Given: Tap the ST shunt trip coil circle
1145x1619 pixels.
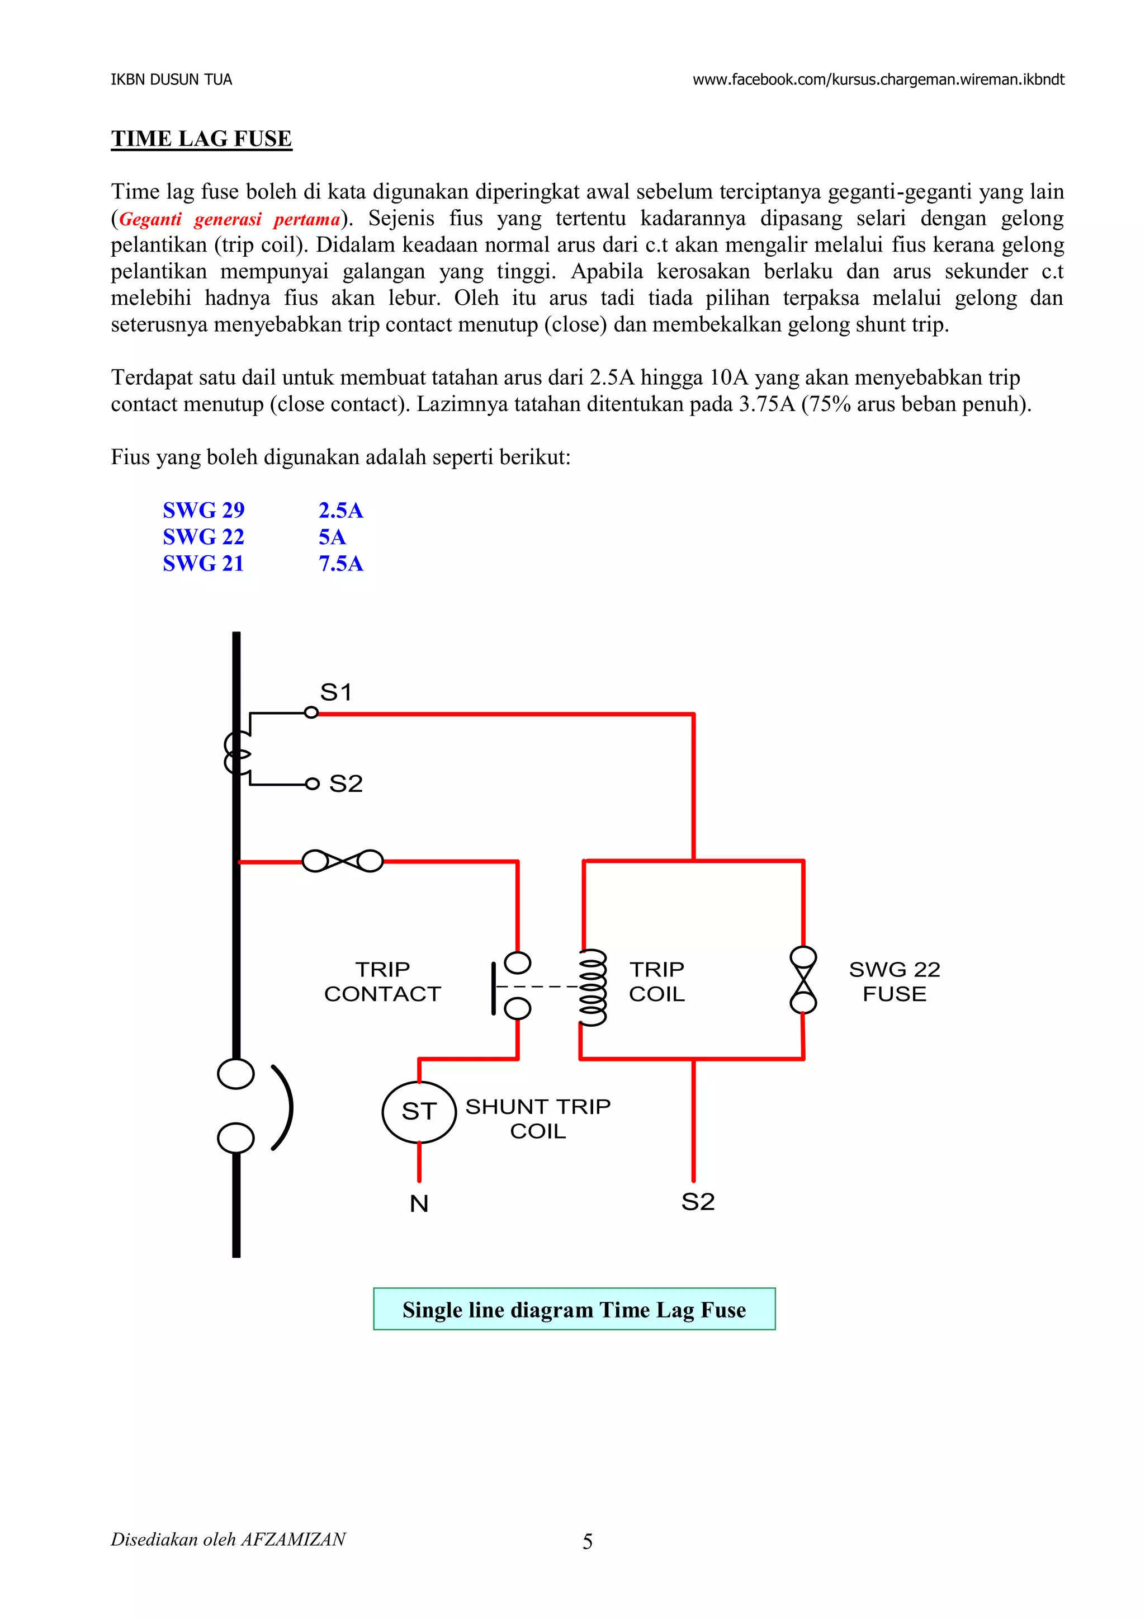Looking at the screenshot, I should (419, 1111).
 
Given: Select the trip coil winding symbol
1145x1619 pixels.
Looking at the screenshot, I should (592, 987).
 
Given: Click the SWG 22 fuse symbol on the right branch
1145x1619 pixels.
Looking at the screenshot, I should (803, 980).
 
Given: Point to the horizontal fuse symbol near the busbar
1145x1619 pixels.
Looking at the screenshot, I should (343, 861).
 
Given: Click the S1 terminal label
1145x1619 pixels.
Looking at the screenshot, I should (335, 692).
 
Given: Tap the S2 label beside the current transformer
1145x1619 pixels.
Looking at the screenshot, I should (346, 783).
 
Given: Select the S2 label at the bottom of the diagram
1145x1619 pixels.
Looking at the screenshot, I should (697, 1202).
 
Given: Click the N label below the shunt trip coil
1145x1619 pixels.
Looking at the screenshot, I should (419, 1203).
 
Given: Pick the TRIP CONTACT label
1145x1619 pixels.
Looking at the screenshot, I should (382, 981).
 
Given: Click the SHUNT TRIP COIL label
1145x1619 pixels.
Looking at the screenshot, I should (537, 1118).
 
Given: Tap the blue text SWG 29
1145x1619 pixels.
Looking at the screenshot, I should (203, 510).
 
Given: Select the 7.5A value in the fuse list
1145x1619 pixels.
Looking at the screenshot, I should (340, 563).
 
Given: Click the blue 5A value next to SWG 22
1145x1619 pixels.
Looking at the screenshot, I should (332, 537).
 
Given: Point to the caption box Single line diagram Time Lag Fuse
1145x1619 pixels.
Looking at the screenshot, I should (574, 1309).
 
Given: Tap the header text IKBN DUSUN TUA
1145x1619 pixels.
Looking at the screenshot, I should (171, 79).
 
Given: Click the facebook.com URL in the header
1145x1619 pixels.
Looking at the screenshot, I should (878, 79).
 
